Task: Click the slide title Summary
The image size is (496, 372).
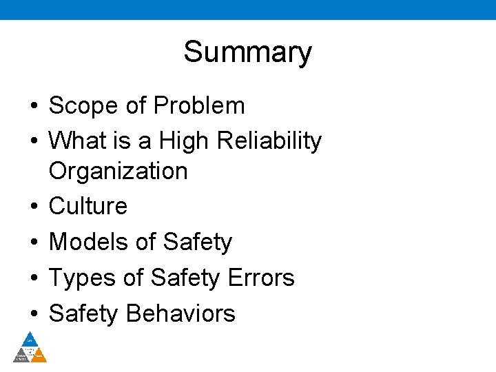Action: tap(247, 52)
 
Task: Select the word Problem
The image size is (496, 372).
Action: tap(199, 105)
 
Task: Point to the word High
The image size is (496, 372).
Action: tap(185, 141)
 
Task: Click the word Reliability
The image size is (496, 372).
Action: tap(269, 141)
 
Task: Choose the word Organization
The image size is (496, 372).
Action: tap(118, 171)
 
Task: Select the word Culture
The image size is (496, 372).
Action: tap(88, 206)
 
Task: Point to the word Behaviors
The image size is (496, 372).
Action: tap(180, 313)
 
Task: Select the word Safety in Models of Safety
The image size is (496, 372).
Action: tap(197, 242)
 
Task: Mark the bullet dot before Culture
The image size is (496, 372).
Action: tap(33, 207)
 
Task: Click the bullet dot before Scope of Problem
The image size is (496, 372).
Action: tap(33, 106)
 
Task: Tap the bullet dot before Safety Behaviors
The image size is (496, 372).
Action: tap(33, 314)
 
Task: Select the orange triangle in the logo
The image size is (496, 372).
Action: tap(39, 356)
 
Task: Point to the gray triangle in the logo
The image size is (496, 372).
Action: tap(21, 356)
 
